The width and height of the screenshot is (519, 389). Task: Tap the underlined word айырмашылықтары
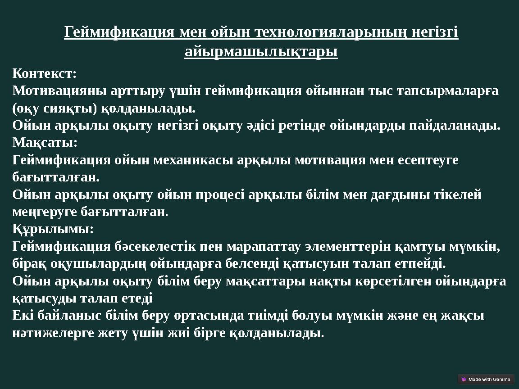[x=261, y=52]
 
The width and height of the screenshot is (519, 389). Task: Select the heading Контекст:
[x=45, y=73]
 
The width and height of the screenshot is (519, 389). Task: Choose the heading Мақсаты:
[x=45, y=143]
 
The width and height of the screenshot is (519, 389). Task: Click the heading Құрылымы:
[x=53, y=229]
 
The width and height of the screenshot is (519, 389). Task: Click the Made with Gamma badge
[x=486, y=379]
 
